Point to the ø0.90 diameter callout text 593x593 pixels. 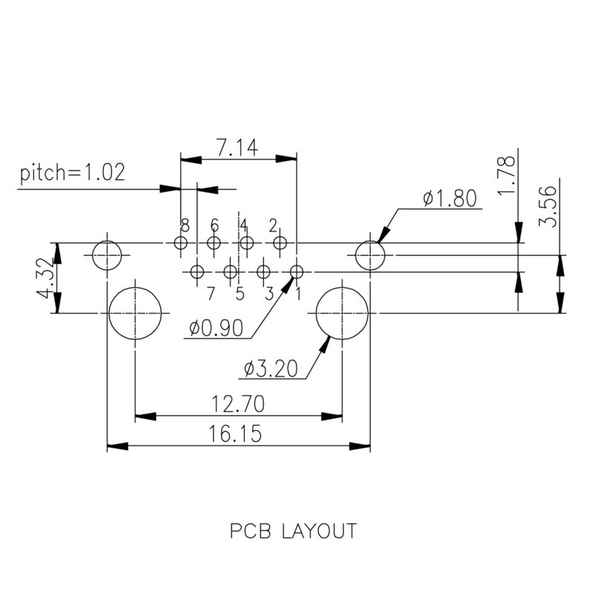pyautogui.click(x=216, y=328)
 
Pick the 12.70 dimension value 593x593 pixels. pyautogui.click(x=237, y=404)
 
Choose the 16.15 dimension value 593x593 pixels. pyautogui.click(x=237, y=434)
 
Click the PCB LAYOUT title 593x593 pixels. pyautogui.click(x=293, y=531)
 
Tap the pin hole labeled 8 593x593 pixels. pyautogui.click(x=180, y=242)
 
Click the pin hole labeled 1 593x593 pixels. pyautogui.click(x=296, y=271)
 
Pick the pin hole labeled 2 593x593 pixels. pyautogui.click(x=279, y=242)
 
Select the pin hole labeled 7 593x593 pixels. pyautogui.click(x=197, y=271)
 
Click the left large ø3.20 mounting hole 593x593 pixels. pyautogui.click(x=135, y=313)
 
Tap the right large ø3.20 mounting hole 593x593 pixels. pyautogui.click(x=342, y=313)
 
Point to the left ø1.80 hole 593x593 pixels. pyautogui.click(x=107, y=256)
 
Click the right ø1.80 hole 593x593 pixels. pyautogui.click(x=370, y=256)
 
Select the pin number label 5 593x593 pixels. pyautogui.click(x=239, y=294)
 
